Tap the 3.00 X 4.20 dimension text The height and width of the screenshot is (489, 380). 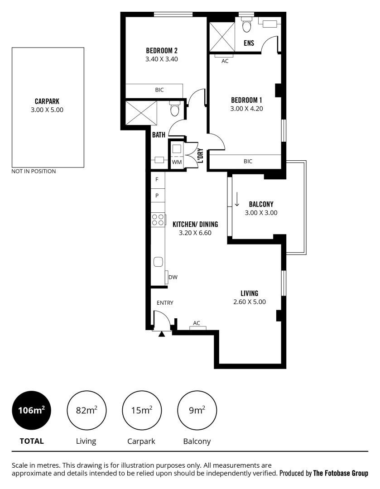pos(246,109)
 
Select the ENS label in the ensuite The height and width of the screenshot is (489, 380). pos(249,43)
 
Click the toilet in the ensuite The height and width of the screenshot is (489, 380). pos(247,26)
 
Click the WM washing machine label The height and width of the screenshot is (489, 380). pos(176,162)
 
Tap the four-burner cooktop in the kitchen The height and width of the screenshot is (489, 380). pos(158,220)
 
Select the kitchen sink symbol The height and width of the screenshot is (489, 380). pos(158,262)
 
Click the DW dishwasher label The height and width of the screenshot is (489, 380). pos(173,278)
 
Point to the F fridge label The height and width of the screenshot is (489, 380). pos(157,179)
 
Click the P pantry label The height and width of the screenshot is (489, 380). pos(157,196)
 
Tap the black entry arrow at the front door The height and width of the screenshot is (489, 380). pos(161,334)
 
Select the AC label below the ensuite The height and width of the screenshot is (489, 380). pos(225,61)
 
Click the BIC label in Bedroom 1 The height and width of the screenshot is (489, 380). pos(248,161)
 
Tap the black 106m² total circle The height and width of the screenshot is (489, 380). pos(31,411)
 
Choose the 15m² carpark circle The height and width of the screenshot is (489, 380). pos(142,411)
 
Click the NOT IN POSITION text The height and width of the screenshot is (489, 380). pos(34,172)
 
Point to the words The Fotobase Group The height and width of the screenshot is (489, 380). pos(341,473)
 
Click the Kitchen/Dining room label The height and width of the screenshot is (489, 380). pos(195,224)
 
